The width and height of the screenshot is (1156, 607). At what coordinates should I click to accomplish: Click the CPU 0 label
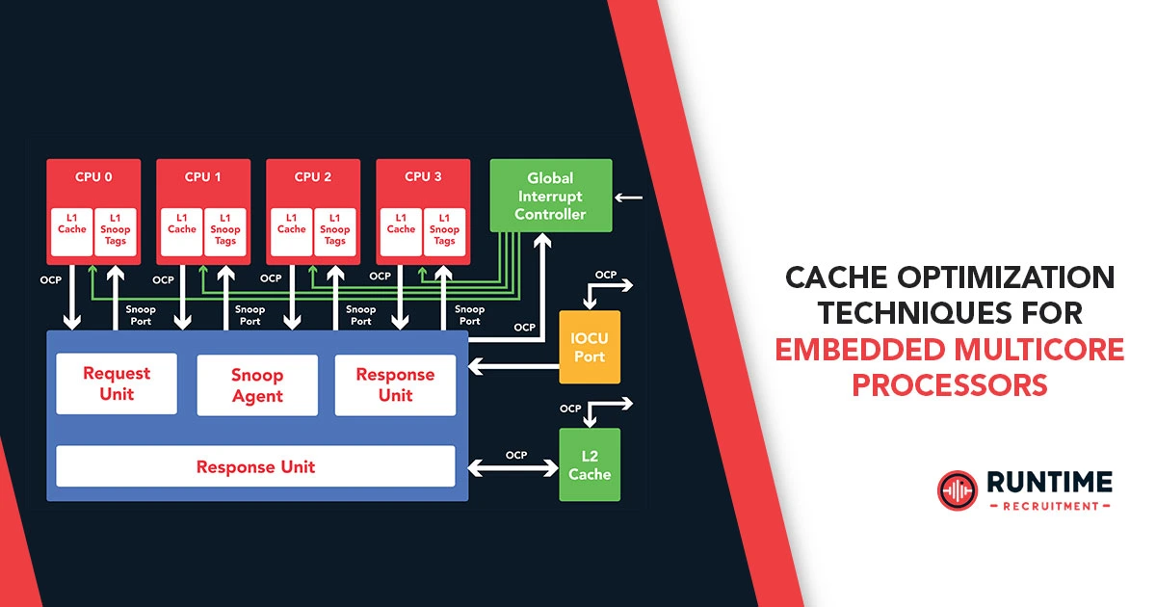click(93, 176)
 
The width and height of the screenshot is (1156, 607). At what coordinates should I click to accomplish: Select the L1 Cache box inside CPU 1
click(181, 230)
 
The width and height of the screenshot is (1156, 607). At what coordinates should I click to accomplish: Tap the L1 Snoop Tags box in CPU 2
click(335, 230)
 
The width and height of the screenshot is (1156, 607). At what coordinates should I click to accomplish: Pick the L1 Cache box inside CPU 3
click(401, 230)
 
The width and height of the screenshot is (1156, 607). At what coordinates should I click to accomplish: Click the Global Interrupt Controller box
click(550, 196)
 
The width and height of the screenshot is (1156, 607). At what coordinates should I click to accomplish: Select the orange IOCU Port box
click(590, 347)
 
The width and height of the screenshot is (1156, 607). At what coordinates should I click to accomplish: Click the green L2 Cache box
click(590, 464)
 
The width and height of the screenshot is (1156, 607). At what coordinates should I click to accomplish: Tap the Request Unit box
click(116, 384)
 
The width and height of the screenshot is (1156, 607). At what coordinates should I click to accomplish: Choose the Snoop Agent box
click(257, 385)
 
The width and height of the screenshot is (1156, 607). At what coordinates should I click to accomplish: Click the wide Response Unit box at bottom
click(255, 467)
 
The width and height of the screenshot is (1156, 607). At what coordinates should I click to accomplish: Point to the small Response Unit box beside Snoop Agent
click(395, 384)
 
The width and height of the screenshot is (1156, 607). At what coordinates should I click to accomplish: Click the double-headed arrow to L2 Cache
click(513, 468)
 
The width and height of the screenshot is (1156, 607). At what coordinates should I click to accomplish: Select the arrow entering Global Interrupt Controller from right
click(628, 198)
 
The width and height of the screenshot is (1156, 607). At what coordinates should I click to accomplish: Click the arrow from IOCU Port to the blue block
click(513, 366)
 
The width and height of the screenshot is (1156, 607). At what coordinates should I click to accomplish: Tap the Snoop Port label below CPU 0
click(141, 315)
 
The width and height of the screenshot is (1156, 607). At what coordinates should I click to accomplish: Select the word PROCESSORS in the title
click(949, 383)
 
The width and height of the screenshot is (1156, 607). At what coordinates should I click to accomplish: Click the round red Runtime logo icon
click(956, 489)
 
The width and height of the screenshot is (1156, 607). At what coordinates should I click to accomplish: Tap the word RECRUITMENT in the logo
click(1049, 506)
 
